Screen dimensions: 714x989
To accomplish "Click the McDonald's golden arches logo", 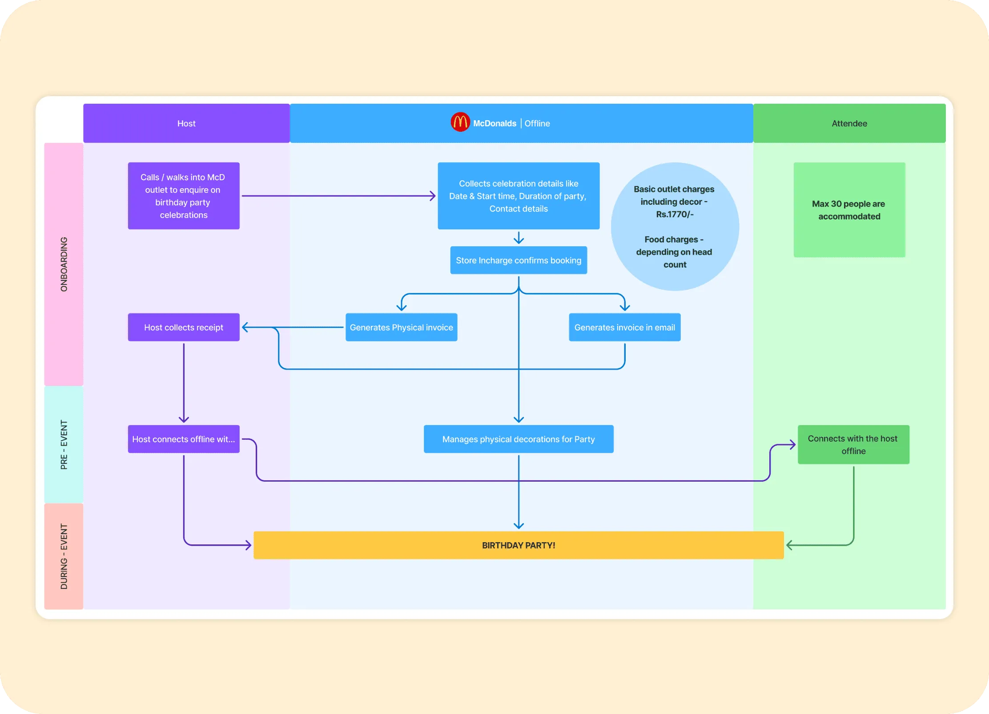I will click(460, 122).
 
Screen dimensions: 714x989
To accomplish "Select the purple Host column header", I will click(186, 123).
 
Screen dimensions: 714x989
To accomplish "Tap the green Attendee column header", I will click(849, 123).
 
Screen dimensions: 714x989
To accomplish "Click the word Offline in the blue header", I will click(537, 123).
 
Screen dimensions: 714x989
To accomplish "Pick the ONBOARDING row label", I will click(64, 264).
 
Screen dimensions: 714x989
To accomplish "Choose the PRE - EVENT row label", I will click(64, 444).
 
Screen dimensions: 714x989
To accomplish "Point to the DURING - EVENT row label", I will click(64, 556).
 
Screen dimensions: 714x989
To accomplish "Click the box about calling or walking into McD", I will click(184, 196).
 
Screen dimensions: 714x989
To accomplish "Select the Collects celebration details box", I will click(519, 196).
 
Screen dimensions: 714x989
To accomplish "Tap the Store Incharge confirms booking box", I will click(519, 260).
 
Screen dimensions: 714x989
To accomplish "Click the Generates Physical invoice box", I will click(401, 327).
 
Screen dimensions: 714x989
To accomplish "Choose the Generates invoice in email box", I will click(624, 327).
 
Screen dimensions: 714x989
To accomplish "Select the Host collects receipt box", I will click(184, 327).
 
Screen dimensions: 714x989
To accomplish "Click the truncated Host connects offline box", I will click(184, 439).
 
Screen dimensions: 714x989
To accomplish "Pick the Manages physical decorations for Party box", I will click(519, 439).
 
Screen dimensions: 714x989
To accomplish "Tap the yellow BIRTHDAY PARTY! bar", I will click(519, 545).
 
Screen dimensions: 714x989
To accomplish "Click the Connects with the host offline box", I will click(853, 445).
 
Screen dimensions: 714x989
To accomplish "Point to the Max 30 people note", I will click(849, 210).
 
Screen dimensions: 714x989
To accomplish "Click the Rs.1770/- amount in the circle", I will click(675, 214).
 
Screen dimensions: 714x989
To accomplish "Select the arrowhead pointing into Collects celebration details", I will click(433, 196).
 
